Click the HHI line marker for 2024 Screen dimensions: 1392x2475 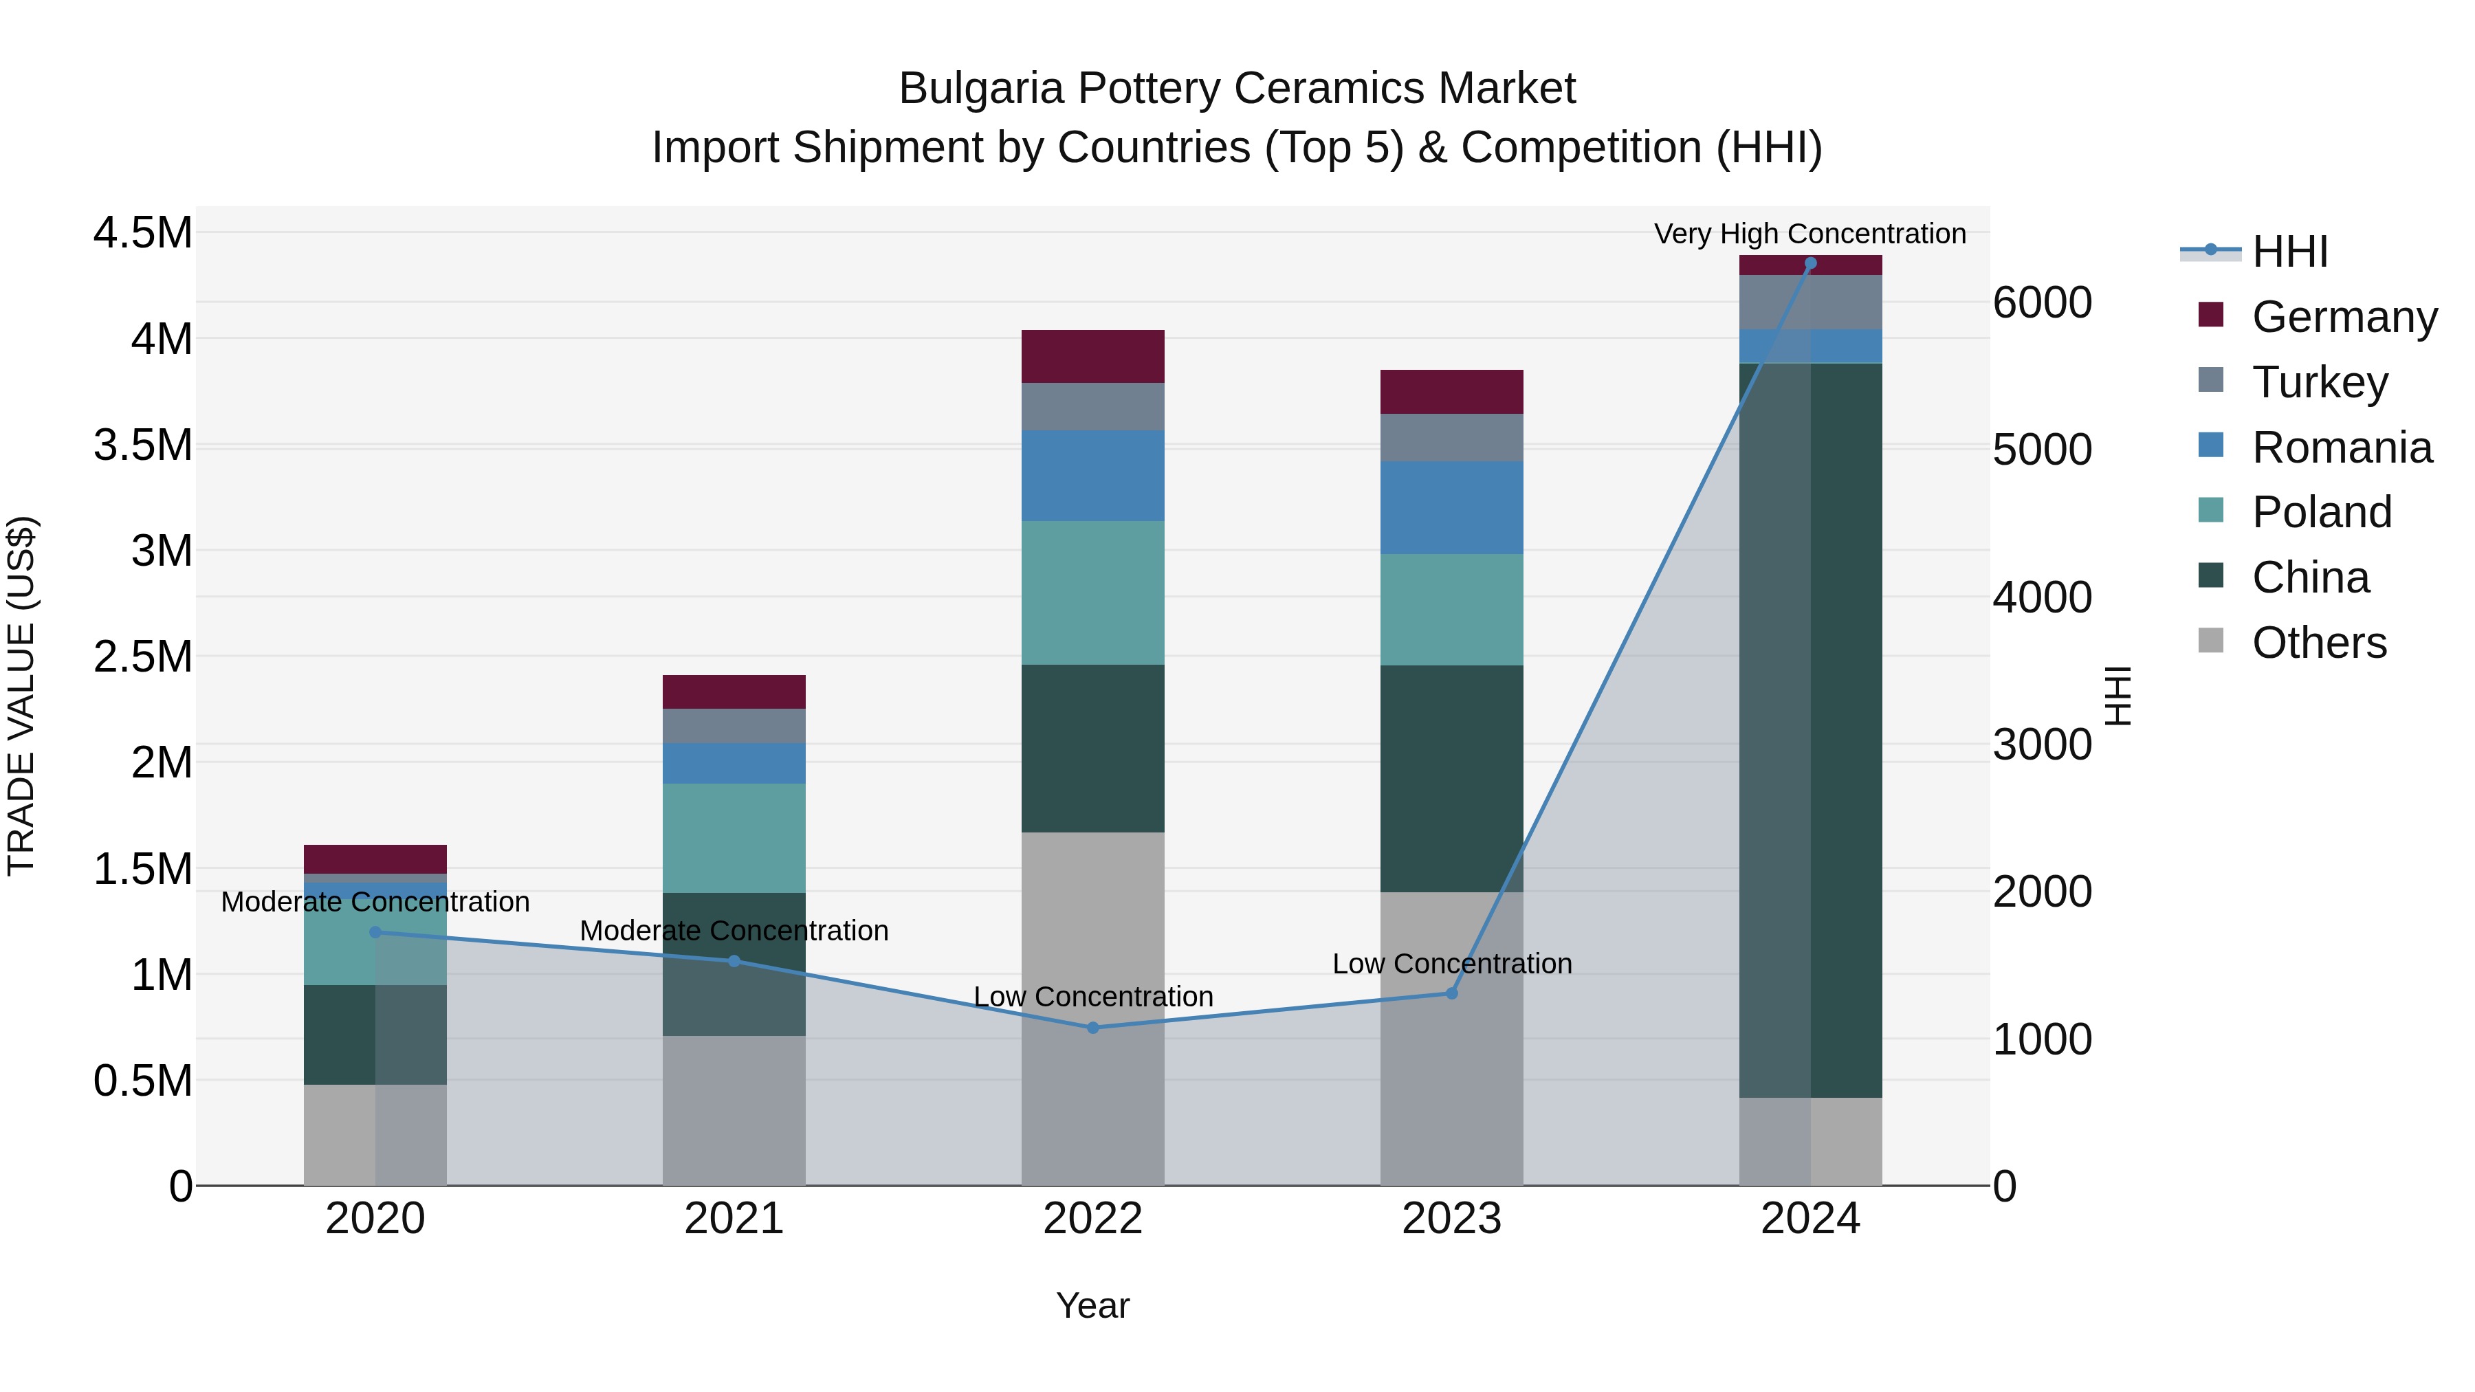click(x=1810, y=263)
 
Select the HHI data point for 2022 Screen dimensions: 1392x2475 click(x=1092, y=1027)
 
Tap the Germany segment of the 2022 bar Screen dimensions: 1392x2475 click(x=1092, y=356)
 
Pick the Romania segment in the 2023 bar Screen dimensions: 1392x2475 click(x=1452, y=507)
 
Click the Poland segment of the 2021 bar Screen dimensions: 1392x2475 click(x=734, y=838)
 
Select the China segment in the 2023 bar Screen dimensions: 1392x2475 click(x=1452, y=778)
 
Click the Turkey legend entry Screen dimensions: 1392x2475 click(x=2318, y=382)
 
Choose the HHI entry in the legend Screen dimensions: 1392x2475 click(x=2289, y=252)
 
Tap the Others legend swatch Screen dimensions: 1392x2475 click(x=2211, y=641)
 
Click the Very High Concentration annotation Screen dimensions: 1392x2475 click(x=1809, y=234)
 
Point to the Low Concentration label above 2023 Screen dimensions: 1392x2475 click(x=1452, y=964)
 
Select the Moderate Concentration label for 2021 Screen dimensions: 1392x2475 click(x=734, y=930)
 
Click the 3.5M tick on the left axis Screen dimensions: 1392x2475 click(x=142, y=445)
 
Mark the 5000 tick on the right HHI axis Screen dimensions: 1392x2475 click(x=2042, y=450)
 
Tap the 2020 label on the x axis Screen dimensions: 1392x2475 click(x=375, y=1219)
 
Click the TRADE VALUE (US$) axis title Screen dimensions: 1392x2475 click(x=21, y=696)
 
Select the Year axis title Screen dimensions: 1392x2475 click(x=1092, y=1305)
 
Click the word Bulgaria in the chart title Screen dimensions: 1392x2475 click(x=981, y=89)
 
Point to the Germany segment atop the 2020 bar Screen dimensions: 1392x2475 click(x=375, y=859)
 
